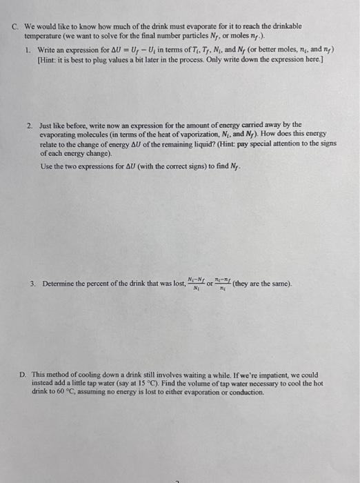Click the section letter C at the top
(15, 26)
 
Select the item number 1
(27, 50)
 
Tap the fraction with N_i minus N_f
(195, 283)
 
